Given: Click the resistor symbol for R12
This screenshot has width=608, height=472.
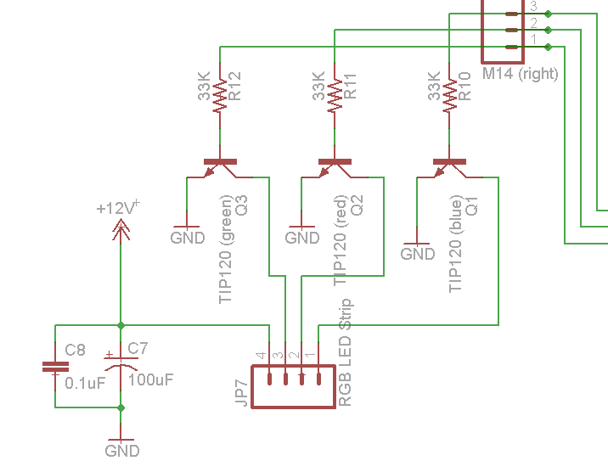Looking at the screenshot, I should pos(220,96).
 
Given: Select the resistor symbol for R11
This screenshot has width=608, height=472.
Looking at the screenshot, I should pos(335,96).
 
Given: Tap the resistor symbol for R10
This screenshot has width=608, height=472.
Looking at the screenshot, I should pos(448,96).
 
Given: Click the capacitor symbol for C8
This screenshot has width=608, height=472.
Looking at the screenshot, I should pos(55,367).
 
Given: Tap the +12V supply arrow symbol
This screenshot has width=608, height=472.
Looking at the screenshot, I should pos(121,227).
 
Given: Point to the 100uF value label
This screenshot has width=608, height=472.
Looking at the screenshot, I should pos(150,380).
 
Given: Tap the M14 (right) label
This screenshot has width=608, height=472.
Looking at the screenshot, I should pos(520,74).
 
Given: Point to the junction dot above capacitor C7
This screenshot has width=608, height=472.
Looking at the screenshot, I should pos(121,324).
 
